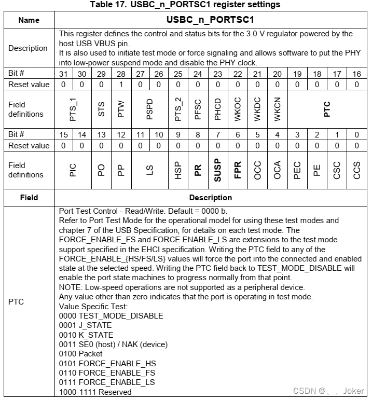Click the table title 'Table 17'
click(185, 5)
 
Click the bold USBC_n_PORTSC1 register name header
click(210, 20)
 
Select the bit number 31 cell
click(63, 74)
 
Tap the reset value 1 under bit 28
click(121, 84)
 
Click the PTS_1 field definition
click(73, 109)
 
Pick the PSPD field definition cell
click(150, 109)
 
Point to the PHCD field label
click(218, 109)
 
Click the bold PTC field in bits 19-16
click(327, 109)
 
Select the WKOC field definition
click(238, 109)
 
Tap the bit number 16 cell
click(356, 74)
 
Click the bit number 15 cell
click(63, 135)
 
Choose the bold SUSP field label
click(218, 170)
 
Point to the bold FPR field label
click(238, 170)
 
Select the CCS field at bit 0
click(356, 170)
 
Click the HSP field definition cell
click(178, 170)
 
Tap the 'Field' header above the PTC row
click(29, 198)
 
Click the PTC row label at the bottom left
click(17, 301)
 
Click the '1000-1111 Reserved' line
click(95, 392)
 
